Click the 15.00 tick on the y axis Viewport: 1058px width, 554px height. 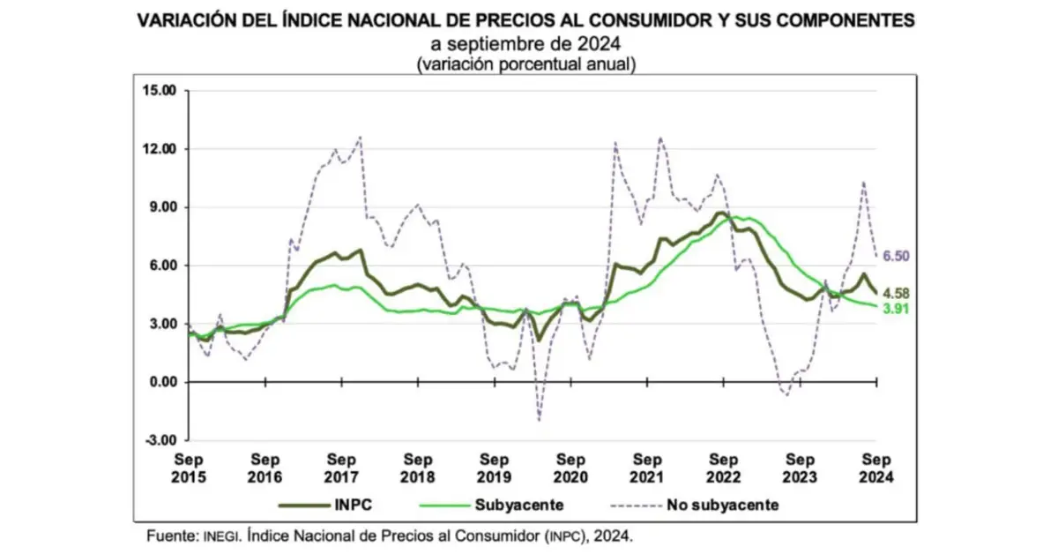pos(160,91)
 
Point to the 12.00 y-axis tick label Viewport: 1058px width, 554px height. pos(160,149)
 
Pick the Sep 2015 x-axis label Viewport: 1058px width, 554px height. pos(189,468)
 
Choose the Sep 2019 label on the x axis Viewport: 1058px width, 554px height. pos(495,468)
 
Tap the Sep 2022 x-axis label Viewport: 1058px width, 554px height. pos(724,468)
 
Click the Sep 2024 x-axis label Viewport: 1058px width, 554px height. pos(875,468)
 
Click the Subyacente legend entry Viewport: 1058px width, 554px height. pos(518,505)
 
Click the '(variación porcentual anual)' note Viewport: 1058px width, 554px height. pos(527,64)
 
